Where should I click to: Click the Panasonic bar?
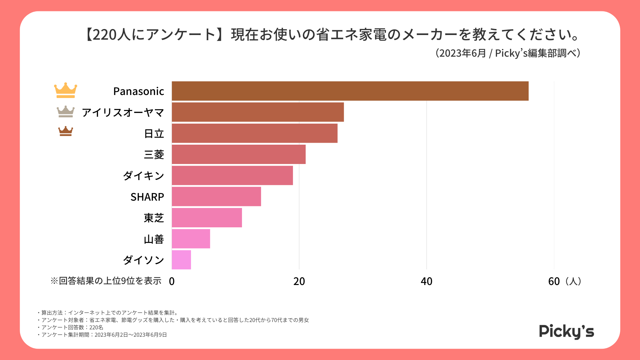[350, 91]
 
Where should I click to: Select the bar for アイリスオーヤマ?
[258, 112]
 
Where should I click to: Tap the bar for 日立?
[254, 133]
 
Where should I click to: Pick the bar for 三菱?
[239, 154]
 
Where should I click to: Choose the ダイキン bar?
[232, 175]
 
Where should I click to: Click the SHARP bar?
[216, 197]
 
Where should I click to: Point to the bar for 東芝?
[207, 218]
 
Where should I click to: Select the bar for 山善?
[191, 239]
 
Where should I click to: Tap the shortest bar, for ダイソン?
[181, 260]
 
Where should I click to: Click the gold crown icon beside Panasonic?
[66, 90]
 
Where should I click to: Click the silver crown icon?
[66, 112]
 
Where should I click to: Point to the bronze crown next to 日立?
[66, 131]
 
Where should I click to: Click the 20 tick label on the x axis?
[299, 281]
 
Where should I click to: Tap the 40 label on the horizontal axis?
[426, 281]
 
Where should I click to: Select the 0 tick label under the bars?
[172, 281]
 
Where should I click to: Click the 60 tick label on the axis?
[554, 281]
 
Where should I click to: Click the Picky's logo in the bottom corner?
[566, 331]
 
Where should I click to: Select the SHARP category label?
[147, 197]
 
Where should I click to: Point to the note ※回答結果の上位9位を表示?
[106, 281]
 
